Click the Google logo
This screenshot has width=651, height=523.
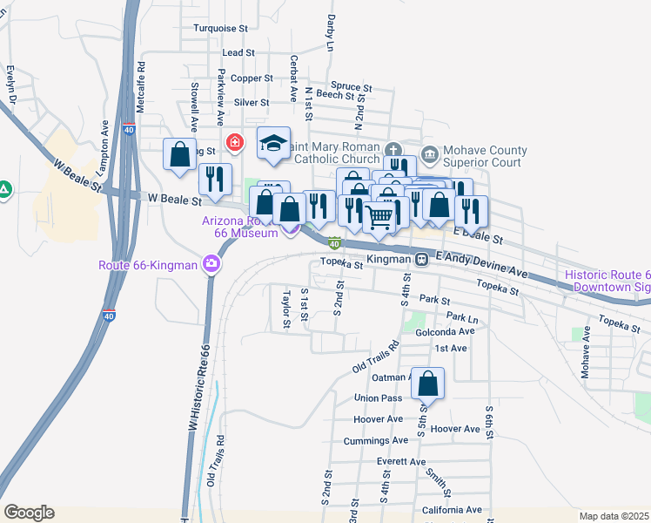[x=29, y=513]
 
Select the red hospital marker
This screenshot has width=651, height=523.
[x=234, y=142]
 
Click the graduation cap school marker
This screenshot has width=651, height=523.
[x=273, y=145]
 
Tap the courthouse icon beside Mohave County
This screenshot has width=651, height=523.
[x=429, y=154]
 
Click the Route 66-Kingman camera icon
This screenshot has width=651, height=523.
[x=211, y=263]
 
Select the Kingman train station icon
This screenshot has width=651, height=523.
[x=420, y=259]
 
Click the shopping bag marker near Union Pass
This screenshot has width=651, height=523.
[x=428, y=384]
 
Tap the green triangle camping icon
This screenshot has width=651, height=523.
[x=4, y=188]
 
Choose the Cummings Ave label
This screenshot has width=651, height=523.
[x=372, y=442]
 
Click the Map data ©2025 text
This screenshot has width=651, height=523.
[x=614, y=516]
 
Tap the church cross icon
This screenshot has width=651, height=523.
[x=393, y=150]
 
